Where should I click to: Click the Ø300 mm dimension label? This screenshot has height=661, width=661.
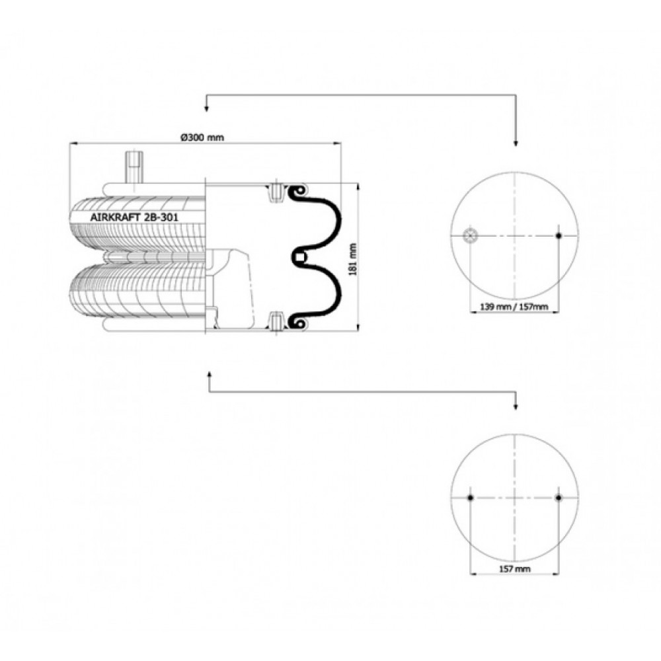pyautogui.click(x=202, y=137)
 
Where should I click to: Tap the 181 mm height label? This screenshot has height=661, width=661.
pyautogui.click(x=353, y=259)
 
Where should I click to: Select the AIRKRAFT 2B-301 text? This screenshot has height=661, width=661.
pyautogui.click(x=134, y=217)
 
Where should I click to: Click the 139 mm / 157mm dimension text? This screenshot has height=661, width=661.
pyautogui.click(x=514, y=307)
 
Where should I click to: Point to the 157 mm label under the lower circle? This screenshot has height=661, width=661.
pyautogui.click(x=514, y=569)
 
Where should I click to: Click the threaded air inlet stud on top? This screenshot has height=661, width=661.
pyautogui.click(x=133, y=167)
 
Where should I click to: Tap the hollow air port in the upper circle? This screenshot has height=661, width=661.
pyautogui.click(x=469, y=235)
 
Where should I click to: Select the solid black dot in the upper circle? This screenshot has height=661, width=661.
pyautogui.click(x=559, y=235)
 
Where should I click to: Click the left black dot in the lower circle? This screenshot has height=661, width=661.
pyautogui.click(x=471, y=498)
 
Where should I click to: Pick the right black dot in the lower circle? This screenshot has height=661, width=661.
pyautogui.click(x=559, y=498)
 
